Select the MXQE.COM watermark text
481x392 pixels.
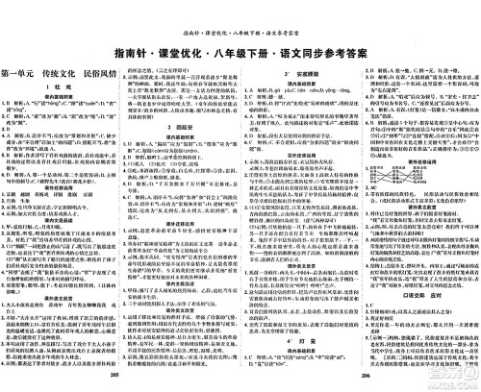pyautogui.click(x=443, y=381)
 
